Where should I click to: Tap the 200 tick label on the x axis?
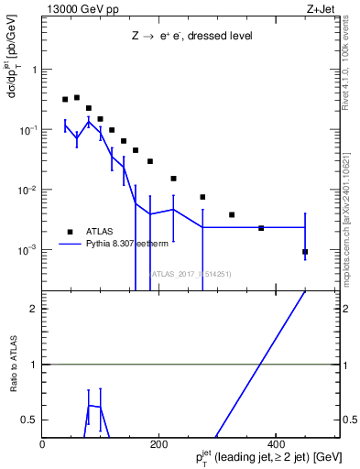158,445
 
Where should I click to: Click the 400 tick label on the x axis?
275,445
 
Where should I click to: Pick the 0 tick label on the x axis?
43,445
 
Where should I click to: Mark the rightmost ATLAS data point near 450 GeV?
305,252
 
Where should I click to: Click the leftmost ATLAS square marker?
65,100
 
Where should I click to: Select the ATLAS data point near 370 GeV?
261,228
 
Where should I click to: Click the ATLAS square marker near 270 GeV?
202,197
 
